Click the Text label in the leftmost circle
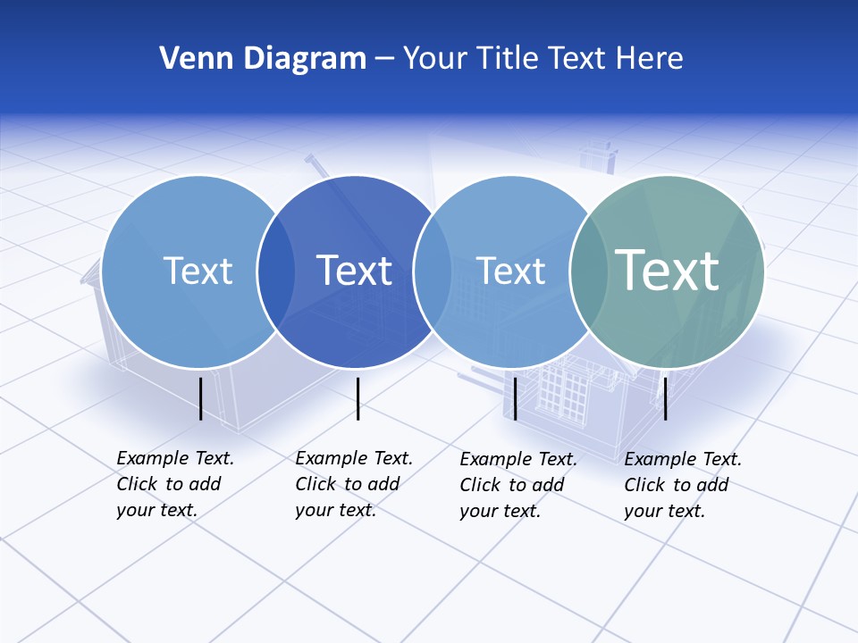click(x=198, y=271)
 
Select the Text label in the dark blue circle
click(x=354, y=271)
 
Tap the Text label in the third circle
click(x=510, y=271)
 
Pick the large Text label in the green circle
click(x=667, y=271)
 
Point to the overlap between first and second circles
click(x=276, y=271)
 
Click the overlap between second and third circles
click(x=433, y=271)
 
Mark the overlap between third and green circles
click(x=588, y=271)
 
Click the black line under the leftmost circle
click(x=201, y=398)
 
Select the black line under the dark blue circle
click(x=357, y=398)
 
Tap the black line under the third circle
click(x=515, y=398)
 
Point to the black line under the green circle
click(x=665, y=398)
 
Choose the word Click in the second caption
click(x=315, y=485)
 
